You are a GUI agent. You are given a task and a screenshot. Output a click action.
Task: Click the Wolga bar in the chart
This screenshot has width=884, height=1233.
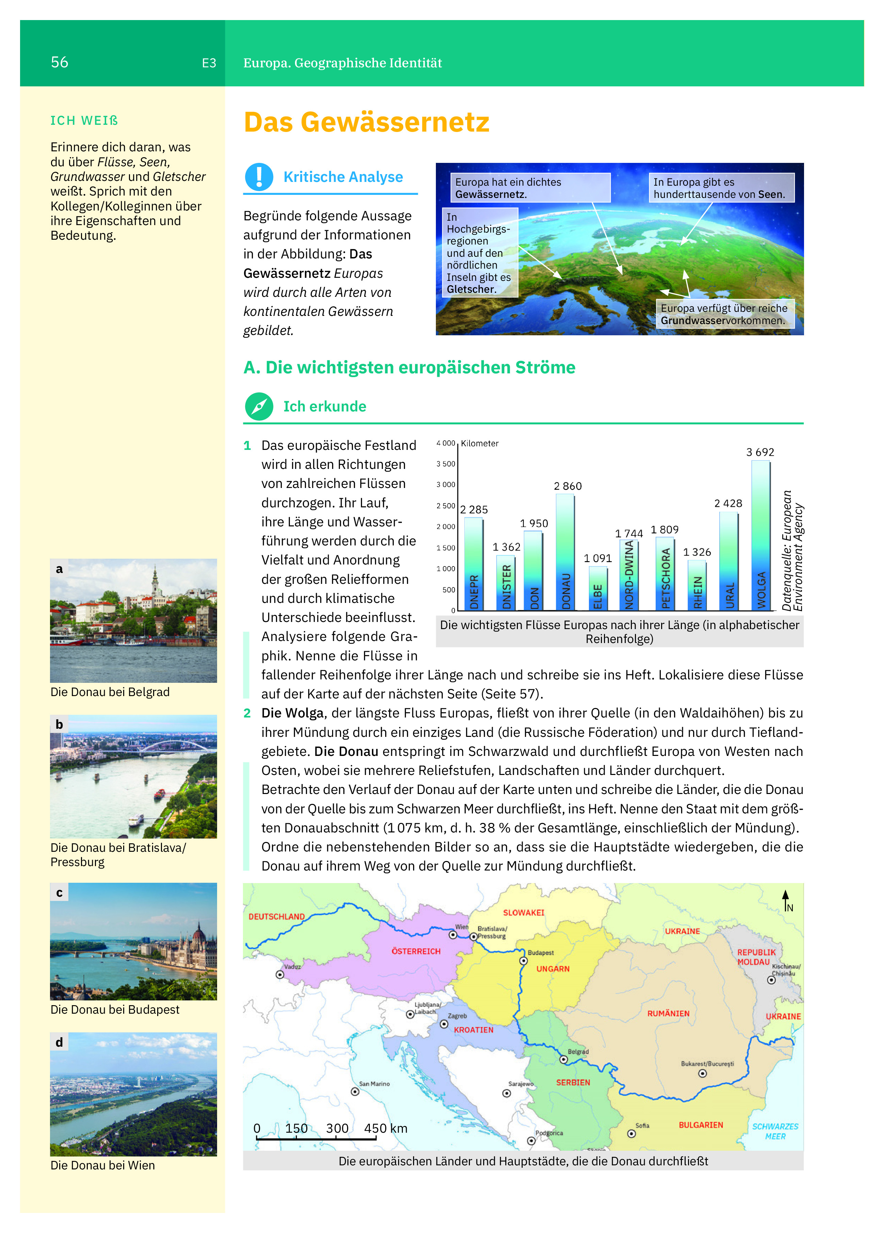[x=760, y=536]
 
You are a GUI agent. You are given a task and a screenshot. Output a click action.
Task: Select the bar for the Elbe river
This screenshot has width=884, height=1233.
[x=598, y=588]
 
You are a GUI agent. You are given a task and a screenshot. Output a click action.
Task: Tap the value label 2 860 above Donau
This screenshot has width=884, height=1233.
[x=568, y=486]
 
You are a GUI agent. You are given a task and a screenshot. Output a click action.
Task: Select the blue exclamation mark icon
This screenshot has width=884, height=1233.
[x=259, y=177]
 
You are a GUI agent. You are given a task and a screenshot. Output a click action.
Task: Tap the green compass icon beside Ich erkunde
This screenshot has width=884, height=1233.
[x=259, y=406]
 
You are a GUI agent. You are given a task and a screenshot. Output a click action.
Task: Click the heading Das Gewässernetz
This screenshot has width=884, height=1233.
[x=366, y=122]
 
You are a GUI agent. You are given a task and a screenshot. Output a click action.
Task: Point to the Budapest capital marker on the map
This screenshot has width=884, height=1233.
[x=523, y=961]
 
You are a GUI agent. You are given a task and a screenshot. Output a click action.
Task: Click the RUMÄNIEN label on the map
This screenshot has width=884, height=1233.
[x=668, y=1013]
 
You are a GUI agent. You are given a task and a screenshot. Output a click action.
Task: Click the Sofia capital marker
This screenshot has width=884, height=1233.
[x=631, y=1133]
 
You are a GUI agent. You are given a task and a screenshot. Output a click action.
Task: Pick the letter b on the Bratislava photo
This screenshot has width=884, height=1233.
[x=59, y=724]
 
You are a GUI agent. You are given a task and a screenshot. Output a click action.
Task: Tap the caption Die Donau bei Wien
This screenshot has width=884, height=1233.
[x=103, y=1165]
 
